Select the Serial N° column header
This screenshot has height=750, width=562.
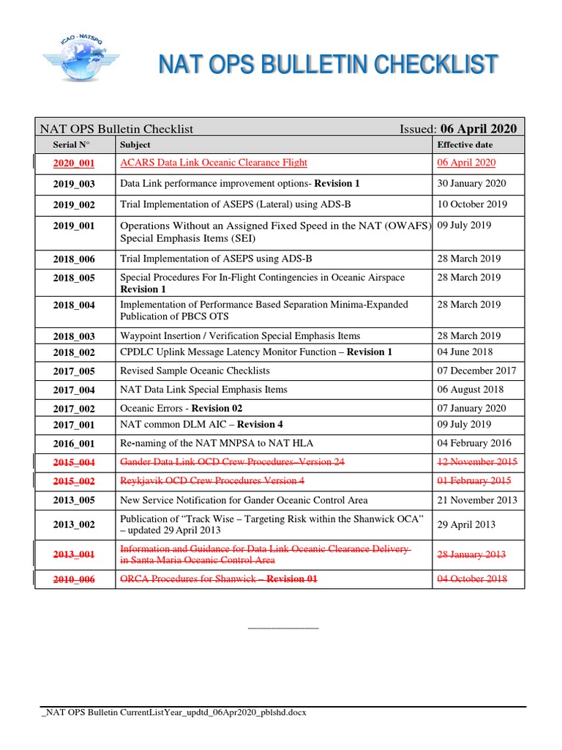tap(75, 145)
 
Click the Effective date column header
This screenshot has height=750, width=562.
tap(465, 145)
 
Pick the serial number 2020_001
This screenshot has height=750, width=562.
tap(74, 163)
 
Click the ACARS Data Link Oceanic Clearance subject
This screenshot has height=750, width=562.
tap(214, 163)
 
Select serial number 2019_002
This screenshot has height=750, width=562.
tap(74, 205)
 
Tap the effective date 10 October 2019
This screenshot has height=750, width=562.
tap(471, 204)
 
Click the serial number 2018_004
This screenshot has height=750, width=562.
tap(74, 305)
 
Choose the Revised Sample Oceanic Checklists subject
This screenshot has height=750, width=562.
tap(195, 371)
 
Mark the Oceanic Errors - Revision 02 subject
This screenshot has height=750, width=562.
tap(181, 408)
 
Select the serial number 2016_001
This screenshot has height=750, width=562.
tap(74, 444)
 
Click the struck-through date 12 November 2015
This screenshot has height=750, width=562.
tap(477, 462)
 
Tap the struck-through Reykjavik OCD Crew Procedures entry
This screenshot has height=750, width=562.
tap(212, 481)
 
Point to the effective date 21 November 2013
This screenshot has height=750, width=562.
tap(476, 500)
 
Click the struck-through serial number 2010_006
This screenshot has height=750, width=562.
tap(74, 579)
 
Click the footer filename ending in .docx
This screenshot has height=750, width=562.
tap(173, 713)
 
